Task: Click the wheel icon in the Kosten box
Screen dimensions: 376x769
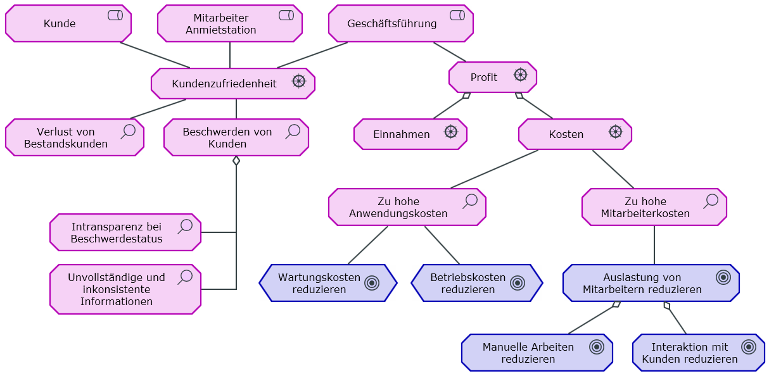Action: tap(615, 132)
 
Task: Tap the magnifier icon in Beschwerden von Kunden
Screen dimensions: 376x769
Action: tap(293, 131)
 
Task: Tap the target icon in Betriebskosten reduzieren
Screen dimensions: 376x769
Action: tap(518, 283)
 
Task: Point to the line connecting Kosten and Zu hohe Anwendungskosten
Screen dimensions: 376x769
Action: tap(494, 169)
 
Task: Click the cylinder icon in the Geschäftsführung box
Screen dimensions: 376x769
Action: tap(457, 15)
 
